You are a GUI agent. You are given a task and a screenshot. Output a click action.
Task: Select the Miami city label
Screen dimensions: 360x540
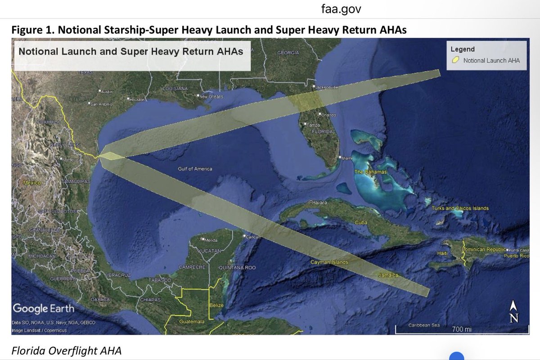tap(346, 158)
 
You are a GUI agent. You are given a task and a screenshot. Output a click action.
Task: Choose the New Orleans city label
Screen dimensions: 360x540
tap(211, 96)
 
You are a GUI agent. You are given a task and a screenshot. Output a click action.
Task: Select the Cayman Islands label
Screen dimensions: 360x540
tap(329, 262)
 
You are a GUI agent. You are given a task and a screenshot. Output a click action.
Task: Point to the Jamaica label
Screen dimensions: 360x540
tap(388, 274)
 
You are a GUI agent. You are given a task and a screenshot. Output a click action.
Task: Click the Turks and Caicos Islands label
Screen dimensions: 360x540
tap(460, 208)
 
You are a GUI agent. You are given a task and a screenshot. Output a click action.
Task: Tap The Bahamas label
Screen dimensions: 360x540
tap(370, 172)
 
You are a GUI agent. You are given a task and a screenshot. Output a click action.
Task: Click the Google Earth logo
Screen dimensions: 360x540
tap(43, 309)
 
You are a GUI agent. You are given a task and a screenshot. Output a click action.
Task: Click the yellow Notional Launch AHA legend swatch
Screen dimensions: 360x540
tap(455, 60)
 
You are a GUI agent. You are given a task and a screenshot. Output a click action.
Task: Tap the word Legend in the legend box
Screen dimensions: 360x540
tap(463, 49)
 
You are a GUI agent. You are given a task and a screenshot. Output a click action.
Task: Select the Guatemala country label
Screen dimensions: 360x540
tap(191, 322)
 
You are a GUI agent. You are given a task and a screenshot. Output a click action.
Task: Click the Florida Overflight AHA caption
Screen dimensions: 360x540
tap(67, 351)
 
